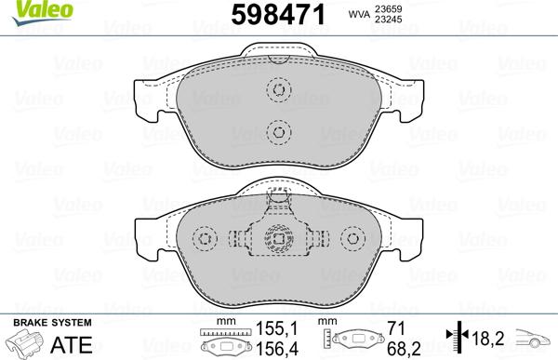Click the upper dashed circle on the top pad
[x=277, y=90]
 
